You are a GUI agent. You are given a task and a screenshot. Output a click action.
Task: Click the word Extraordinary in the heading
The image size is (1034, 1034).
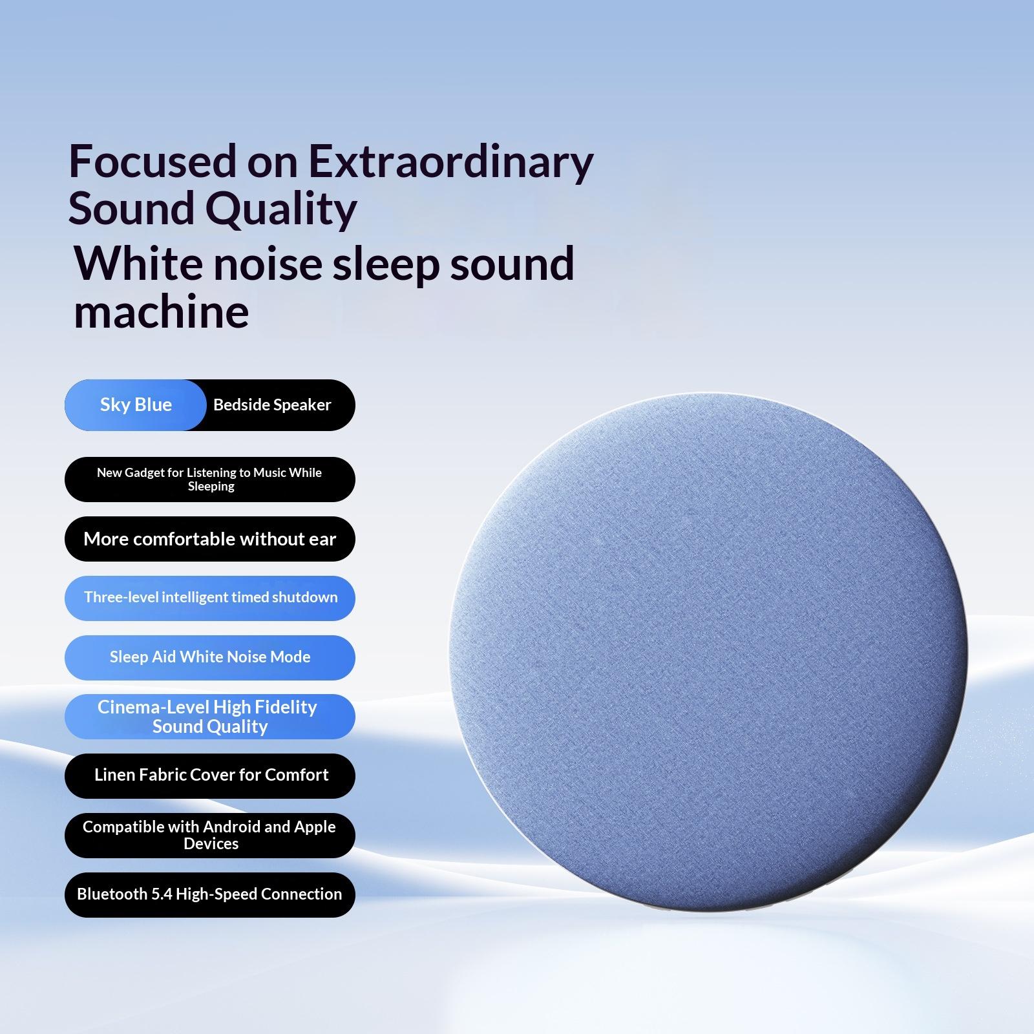click(450, 162)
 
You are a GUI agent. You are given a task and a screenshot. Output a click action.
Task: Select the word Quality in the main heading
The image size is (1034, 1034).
click(280, 210)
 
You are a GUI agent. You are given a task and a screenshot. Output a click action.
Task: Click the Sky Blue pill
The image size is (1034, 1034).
click(136, 405)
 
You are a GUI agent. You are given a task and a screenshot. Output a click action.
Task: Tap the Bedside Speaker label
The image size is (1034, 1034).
click(272, 405)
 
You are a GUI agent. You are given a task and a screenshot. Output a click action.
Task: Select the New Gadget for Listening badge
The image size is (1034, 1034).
click(210, 480)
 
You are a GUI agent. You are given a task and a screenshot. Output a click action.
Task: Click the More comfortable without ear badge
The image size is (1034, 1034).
click(210, 539)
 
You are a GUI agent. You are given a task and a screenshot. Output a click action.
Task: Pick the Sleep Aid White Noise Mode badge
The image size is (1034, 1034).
click(210, 658)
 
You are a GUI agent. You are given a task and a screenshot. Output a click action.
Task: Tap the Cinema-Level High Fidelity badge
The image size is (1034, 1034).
click(210, 717)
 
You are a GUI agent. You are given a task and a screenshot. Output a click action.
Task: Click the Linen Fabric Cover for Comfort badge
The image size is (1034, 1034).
click(210, 776)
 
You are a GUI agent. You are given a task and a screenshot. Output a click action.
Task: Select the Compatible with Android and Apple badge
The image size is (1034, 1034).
click(210, 836)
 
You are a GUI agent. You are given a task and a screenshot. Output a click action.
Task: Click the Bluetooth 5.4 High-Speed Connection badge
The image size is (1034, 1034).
click(210, 895)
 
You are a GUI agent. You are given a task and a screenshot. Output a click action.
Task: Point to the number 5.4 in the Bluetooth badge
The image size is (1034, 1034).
click(162, 894)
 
